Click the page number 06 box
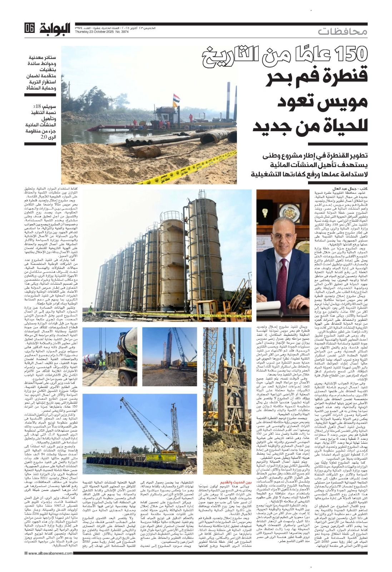point(30,28)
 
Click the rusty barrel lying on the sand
point(147,152)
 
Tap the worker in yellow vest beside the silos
point(90,308)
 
